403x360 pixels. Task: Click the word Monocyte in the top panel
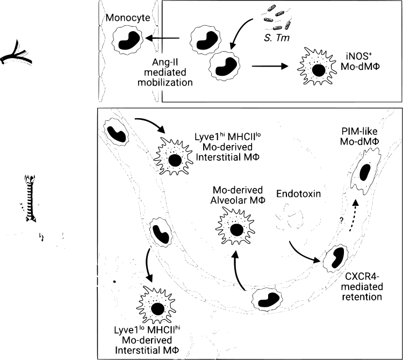(128, 18)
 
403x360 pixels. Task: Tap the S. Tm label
(277, 38)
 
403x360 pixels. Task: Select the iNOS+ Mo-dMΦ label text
(360, 61)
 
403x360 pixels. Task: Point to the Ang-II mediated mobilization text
(165, 72)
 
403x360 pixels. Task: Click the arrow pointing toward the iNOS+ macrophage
(270, 66)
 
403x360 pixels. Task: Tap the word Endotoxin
(298, 193)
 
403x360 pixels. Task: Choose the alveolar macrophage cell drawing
(235, 226)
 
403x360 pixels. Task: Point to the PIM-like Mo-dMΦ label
(359, 136)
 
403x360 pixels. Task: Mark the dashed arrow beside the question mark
(353, 216)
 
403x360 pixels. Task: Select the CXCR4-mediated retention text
(362, 286)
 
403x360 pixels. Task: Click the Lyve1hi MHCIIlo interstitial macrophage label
(227, 147)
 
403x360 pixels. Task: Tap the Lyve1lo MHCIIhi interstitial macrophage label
(147, 340)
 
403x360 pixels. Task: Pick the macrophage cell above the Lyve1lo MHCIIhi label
(156, 305)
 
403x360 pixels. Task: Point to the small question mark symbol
(342, 220)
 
